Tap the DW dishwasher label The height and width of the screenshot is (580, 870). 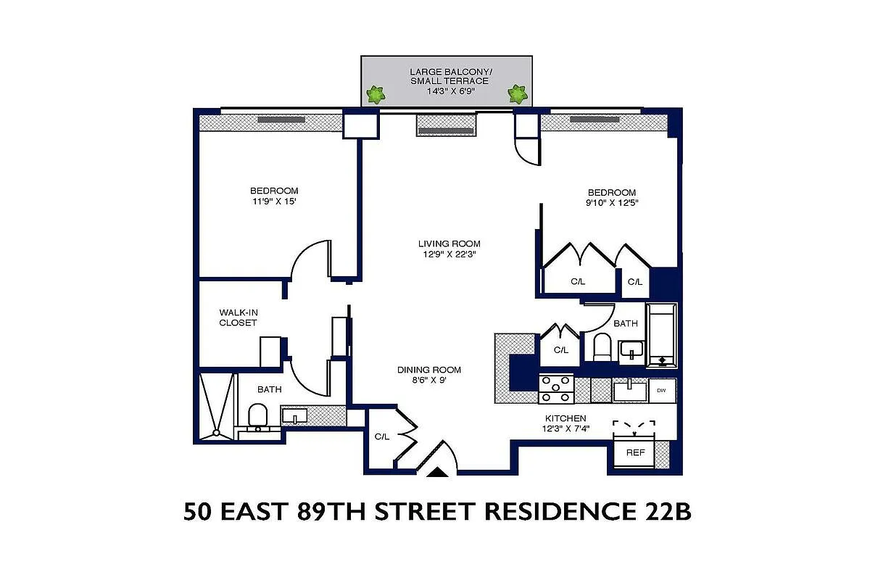pos(661,391)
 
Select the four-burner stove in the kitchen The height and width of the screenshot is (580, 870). pos(556,389)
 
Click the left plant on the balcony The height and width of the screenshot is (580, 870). pos(376,94)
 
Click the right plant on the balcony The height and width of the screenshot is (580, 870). pos(517,94)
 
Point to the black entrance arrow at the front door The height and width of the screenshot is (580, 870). pos(438,473)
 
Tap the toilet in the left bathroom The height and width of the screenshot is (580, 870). pos(257,416)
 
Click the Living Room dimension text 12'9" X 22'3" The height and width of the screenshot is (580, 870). pos(449,254)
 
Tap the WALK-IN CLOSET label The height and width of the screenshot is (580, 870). pos(238,318)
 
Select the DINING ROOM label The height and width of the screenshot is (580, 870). pos(428,370)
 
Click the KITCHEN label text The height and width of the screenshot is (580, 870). pos(565,418)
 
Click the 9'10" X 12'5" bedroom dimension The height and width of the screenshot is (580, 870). pos(611,203)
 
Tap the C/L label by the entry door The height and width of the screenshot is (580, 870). pos(382,437)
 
